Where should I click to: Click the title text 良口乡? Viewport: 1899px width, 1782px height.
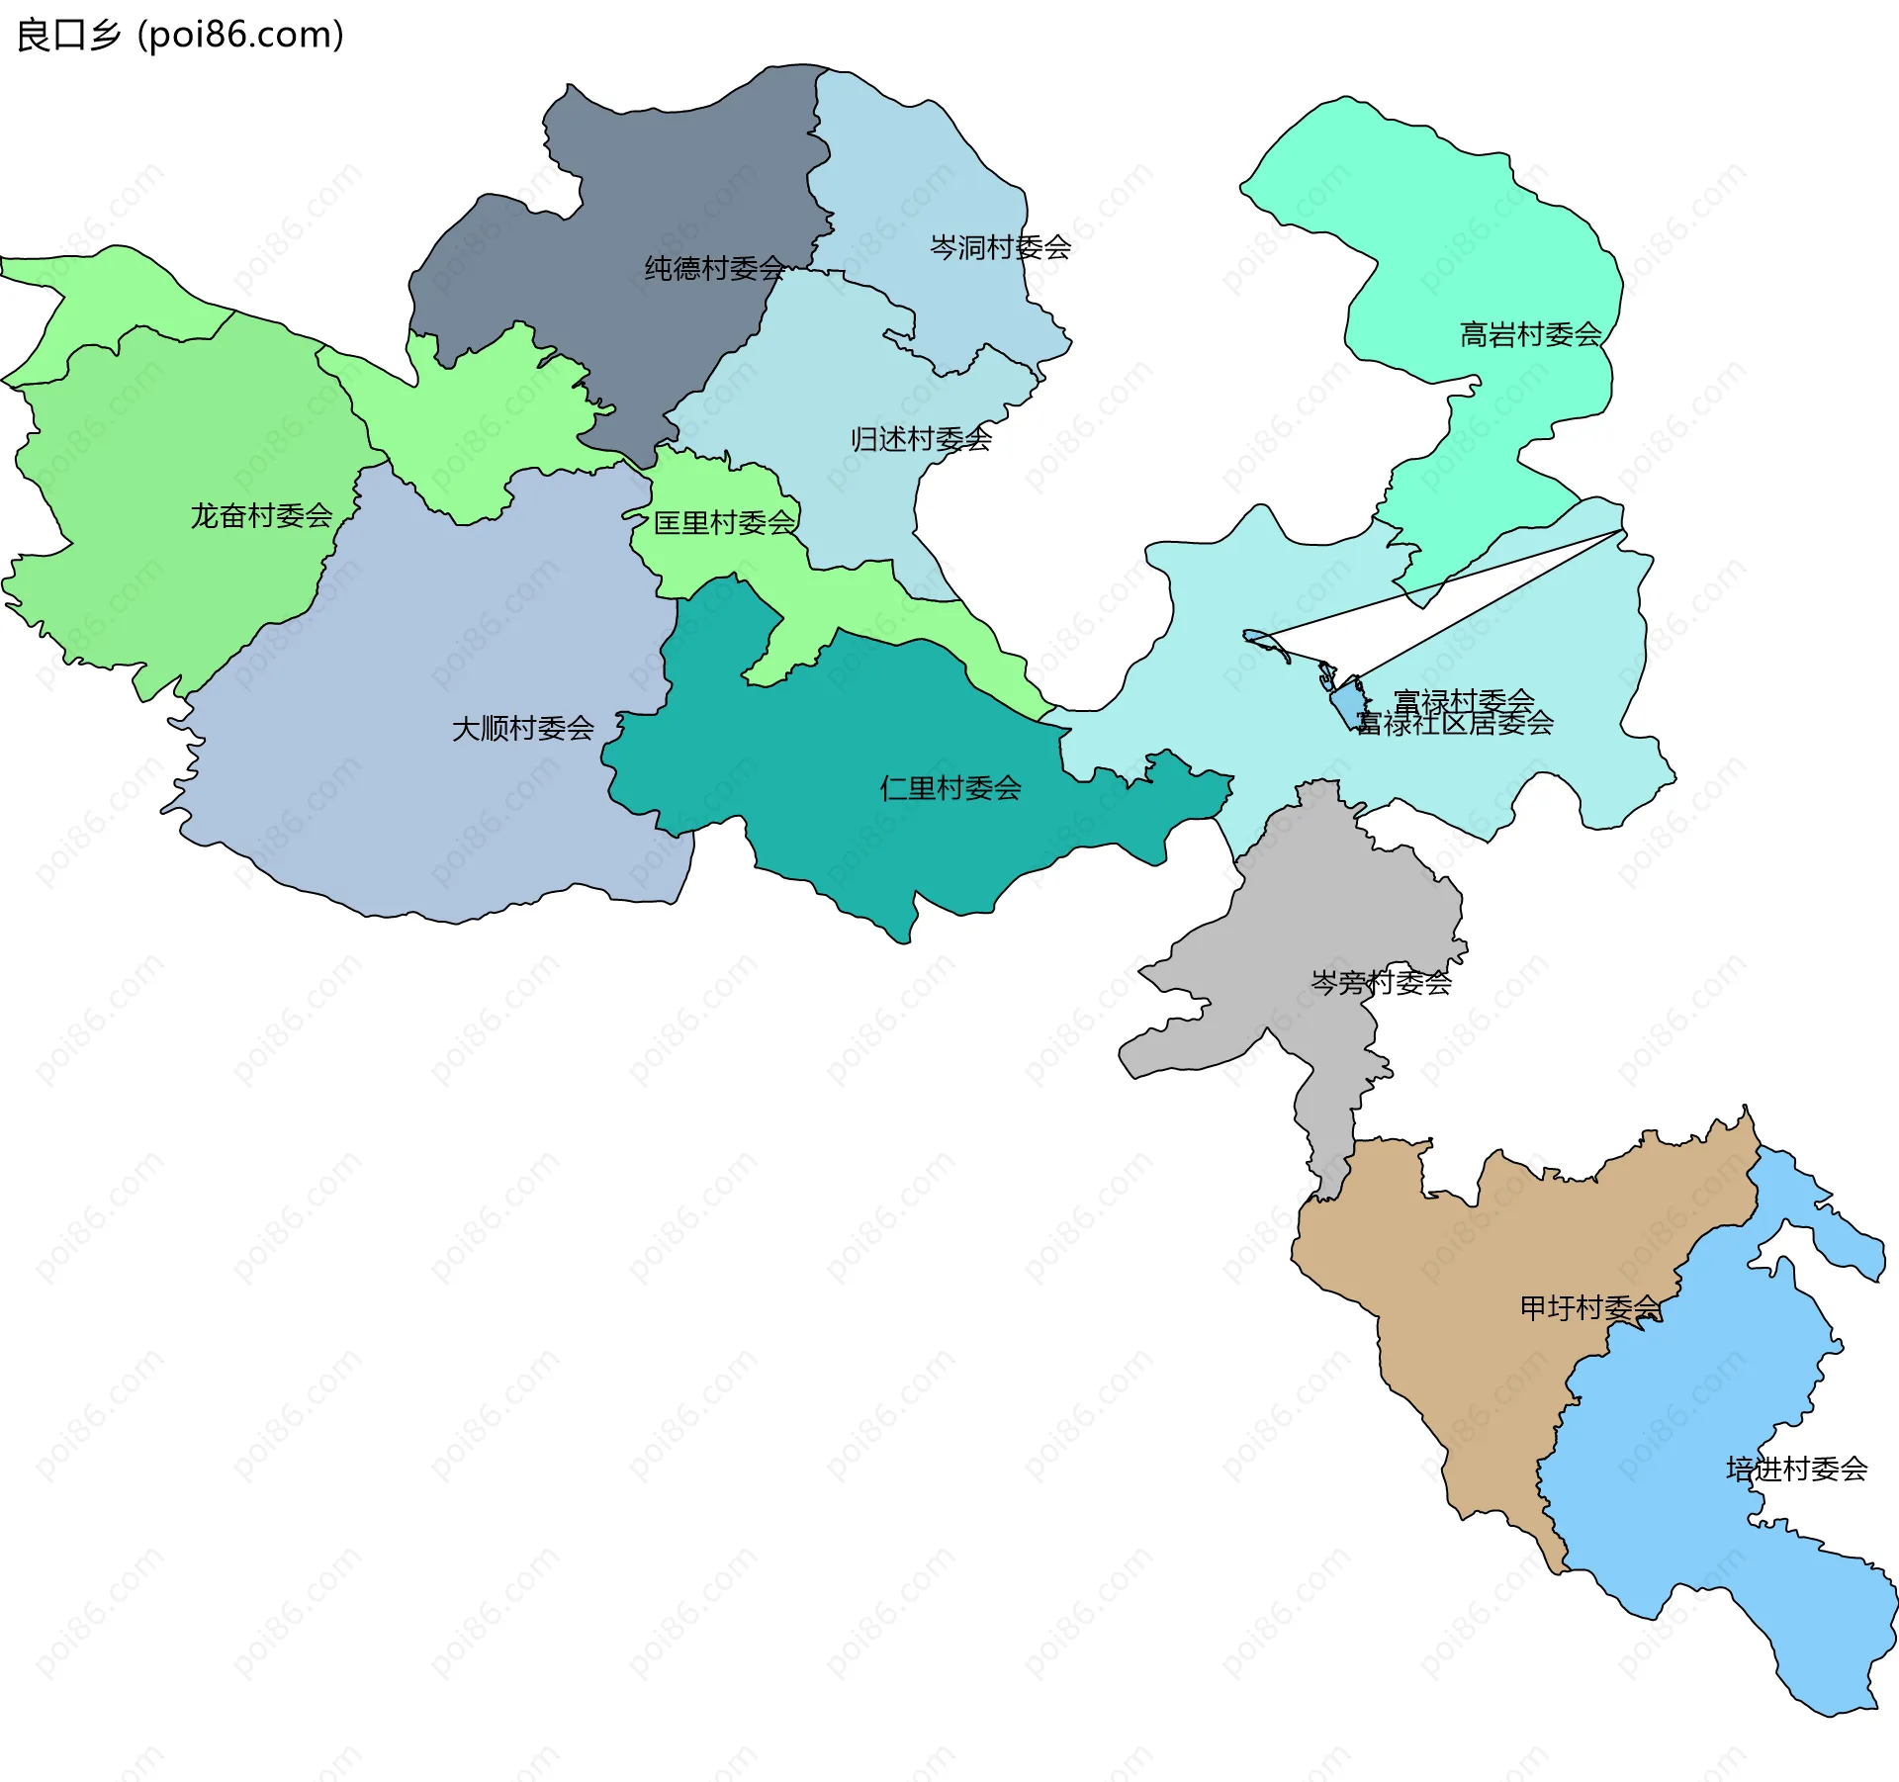67,36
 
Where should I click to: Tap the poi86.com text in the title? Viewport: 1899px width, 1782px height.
240,36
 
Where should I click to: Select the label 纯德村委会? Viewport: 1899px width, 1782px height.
714,268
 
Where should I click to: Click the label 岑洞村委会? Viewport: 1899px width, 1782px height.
1000,247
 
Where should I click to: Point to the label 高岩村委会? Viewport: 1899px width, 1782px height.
1530,335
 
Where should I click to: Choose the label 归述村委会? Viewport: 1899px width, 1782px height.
921,439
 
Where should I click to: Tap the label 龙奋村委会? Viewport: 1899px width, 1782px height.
261,516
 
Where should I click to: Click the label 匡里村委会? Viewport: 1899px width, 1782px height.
724,523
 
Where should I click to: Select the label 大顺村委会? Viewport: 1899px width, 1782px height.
522,729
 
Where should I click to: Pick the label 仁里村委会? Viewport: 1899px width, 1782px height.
949,788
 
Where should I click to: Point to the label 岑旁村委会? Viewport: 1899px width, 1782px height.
1381,982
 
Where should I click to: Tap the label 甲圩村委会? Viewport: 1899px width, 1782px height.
1589,1308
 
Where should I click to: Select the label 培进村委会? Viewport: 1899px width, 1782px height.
1796,1470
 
